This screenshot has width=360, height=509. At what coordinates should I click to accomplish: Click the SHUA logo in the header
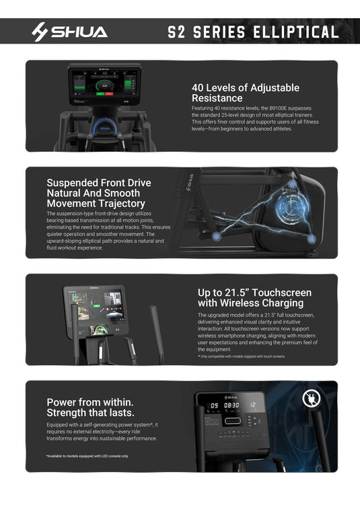tap(69, 32)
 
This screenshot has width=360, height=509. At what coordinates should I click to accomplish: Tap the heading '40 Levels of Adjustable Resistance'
tap(245, 93)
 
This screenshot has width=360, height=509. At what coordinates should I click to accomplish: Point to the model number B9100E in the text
tap(283, 108)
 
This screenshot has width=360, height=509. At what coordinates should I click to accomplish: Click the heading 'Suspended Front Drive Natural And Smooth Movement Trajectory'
tap(98, 193)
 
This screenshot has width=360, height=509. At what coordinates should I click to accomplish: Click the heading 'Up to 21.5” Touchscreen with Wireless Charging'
tap(254, 298)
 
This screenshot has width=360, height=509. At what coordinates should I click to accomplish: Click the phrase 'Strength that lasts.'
tap(90, 413)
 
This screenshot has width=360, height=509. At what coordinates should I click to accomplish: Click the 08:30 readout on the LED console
tap(232, 405)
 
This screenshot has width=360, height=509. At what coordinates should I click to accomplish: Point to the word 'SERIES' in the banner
tap(227, 32)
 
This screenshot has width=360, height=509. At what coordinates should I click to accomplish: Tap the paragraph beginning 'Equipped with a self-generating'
tap(102, 432)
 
